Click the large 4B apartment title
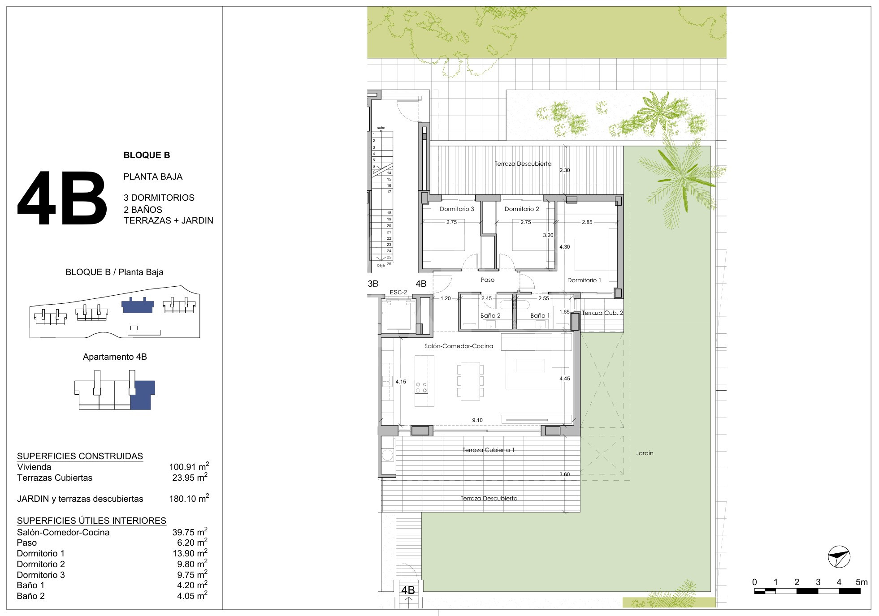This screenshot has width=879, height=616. [62, 198]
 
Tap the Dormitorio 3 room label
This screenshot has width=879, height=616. [457, 209]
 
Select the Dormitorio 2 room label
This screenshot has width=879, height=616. [522, 209]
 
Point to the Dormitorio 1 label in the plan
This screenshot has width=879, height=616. [584, 280]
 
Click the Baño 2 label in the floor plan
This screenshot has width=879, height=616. [490, 315]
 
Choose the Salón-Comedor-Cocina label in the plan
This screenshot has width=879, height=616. [459, 346]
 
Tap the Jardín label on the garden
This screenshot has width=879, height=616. [645, 453]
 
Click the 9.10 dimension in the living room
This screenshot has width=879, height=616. [477, 420]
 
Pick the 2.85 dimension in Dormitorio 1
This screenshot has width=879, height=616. [587, 222]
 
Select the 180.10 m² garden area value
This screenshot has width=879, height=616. [189, 498]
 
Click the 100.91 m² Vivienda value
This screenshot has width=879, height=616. [189, 466]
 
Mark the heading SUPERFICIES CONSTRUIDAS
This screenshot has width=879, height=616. [80, 456]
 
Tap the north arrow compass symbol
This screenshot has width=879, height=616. [839, 557]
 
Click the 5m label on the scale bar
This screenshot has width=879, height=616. [862, 582]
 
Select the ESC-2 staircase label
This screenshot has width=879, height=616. [398, 293]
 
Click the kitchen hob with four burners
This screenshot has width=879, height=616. [421, 387]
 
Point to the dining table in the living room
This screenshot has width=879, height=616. [470, 381]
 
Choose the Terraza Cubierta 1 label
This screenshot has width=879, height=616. [488, 450]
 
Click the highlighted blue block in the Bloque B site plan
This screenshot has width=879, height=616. [138, 305]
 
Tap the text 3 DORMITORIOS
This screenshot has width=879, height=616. [159, 198]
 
